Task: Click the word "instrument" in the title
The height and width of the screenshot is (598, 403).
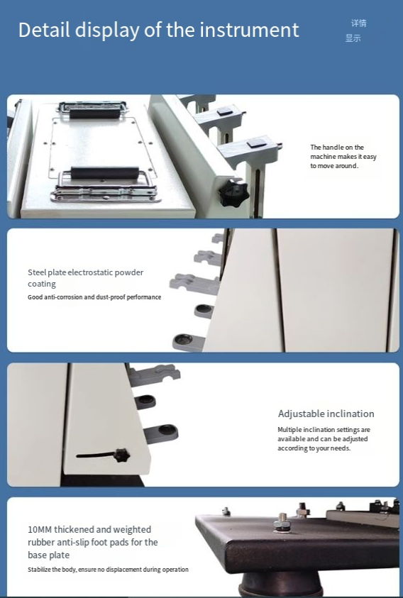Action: coord(249,30)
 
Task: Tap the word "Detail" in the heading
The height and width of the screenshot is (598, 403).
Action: coord(44,30)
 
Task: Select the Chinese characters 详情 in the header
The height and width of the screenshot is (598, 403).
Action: coord(359,23)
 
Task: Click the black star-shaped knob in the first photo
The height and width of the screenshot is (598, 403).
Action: coord(233,193)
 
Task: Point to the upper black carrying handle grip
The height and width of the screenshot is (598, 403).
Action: coord(95,113)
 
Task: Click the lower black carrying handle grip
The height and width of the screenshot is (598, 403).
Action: coord(104,173)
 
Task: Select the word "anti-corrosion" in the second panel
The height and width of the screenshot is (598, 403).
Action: coord(63,297)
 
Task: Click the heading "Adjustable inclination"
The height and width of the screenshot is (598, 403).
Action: coord(326,414)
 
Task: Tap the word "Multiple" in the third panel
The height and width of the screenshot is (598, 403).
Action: coord(289,430)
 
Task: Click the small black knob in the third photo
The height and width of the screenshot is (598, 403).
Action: coord(122,455)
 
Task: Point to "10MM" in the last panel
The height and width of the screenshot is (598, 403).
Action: coord(40,529)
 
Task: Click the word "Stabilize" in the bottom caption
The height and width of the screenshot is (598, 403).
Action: coord(39,570)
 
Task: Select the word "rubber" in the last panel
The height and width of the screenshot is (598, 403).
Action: coord(41,543)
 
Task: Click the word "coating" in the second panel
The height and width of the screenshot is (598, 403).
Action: coord(42,284)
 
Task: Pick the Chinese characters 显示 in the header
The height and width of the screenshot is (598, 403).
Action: coord(353,38)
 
